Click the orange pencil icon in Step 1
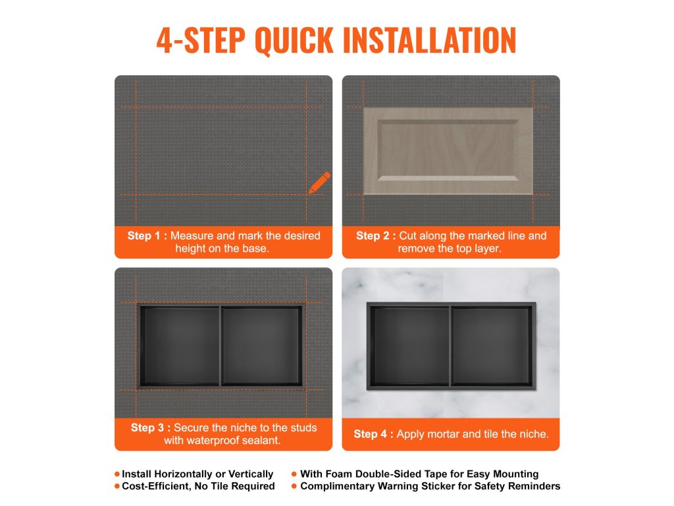click(320, 183)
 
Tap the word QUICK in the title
click(294, 40)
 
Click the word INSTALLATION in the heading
click(429, 40)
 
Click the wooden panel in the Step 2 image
click(448, 151)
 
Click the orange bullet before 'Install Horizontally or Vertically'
click(117, 474)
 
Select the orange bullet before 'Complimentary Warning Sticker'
click(294, 486)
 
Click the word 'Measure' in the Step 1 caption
click(192, 236)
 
